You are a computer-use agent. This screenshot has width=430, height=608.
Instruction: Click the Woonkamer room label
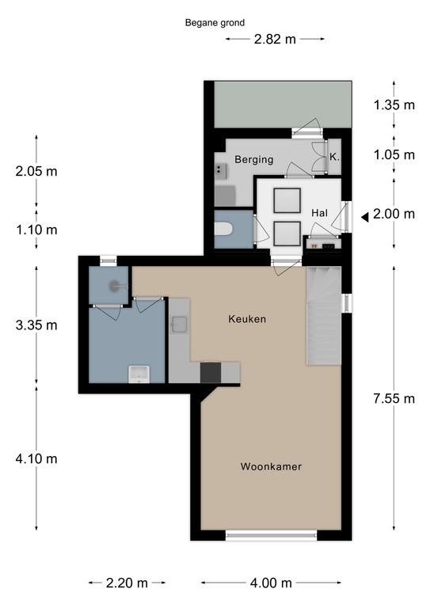click(x=271, y=466)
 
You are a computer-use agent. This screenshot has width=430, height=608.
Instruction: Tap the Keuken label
click(x=247, y=319)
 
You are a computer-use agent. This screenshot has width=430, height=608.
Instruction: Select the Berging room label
click(x=254, y=159)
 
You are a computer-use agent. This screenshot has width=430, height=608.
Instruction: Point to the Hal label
click(x=319, y=213)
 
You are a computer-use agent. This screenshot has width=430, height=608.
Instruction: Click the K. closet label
click(x=334, y=157)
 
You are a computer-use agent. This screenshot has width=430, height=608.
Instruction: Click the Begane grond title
click(x=215, y=23)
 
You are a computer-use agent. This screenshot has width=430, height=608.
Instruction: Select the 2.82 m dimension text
click(x=275, y=39)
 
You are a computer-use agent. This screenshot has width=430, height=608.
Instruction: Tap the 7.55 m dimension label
click(x=394, y=399)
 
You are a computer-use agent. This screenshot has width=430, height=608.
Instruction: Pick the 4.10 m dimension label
click(x=36, y=458)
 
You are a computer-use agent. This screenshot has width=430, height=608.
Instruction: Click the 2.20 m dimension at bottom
click(x=127, y=583)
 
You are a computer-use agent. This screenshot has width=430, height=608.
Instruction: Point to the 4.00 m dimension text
click(x=271, y=583)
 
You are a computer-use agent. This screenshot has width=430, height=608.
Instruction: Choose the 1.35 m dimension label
click(x=394, y=104)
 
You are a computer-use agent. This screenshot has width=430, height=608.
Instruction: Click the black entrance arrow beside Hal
click(x=365, y=218)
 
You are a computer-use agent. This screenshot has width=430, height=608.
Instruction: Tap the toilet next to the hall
click(x=223, y=229)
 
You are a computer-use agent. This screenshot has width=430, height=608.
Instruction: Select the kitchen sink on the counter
click(x=180, y=325)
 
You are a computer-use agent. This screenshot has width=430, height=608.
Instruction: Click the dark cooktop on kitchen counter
click(x=211, y=373)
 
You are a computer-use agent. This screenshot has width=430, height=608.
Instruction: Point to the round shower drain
click(x=114, y=286)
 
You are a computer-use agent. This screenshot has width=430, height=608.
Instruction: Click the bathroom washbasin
click(x=139, y=374)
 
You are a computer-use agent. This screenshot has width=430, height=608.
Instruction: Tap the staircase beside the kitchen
click(x=324, y=316)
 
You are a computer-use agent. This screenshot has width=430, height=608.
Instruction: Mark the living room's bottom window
click(x=271, y=535)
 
